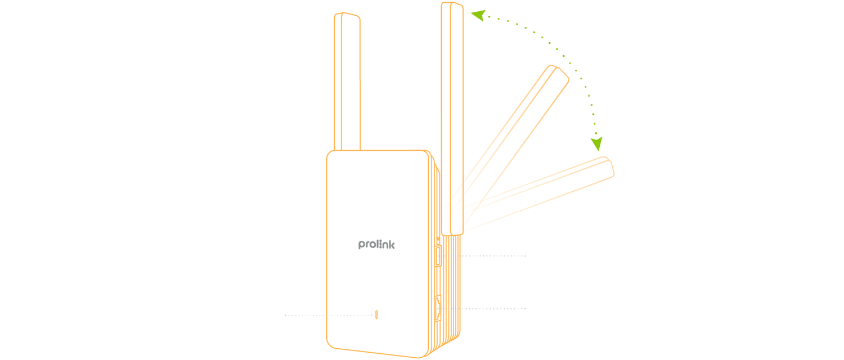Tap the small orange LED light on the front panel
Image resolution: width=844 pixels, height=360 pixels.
376,314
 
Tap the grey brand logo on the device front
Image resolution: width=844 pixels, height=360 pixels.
376,245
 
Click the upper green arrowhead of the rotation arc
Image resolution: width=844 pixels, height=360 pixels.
477,15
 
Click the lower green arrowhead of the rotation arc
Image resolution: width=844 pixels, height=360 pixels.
597,144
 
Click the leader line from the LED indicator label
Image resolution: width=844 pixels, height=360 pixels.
326,315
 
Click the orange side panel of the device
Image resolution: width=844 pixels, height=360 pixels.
447,281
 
